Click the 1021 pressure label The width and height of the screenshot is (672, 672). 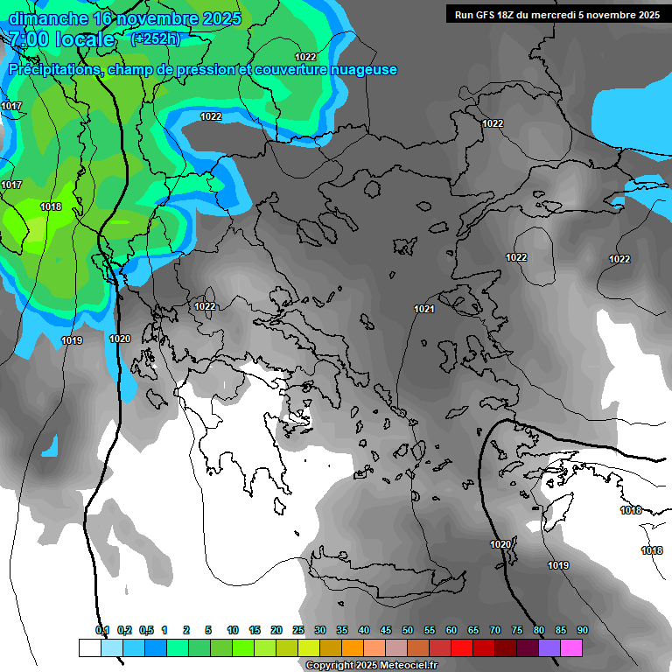point(424,309)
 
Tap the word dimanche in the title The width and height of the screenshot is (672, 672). point(48,18)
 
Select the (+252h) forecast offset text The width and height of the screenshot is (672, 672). point(156,38)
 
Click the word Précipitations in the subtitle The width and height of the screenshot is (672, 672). point(54,70)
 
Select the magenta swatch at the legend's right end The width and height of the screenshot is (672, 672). point(571,648)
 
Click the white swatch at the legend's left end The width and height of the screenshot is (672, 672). point(89,648)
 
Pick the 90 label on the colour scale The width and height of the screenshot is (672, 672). point(583,631)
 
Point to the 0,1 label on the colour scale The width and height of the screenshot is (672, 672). point(101,631)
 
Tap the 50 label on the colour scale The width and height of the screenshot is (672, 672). point(408,631)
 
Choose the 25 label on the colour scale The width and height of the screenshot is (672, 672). point(298,631)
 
